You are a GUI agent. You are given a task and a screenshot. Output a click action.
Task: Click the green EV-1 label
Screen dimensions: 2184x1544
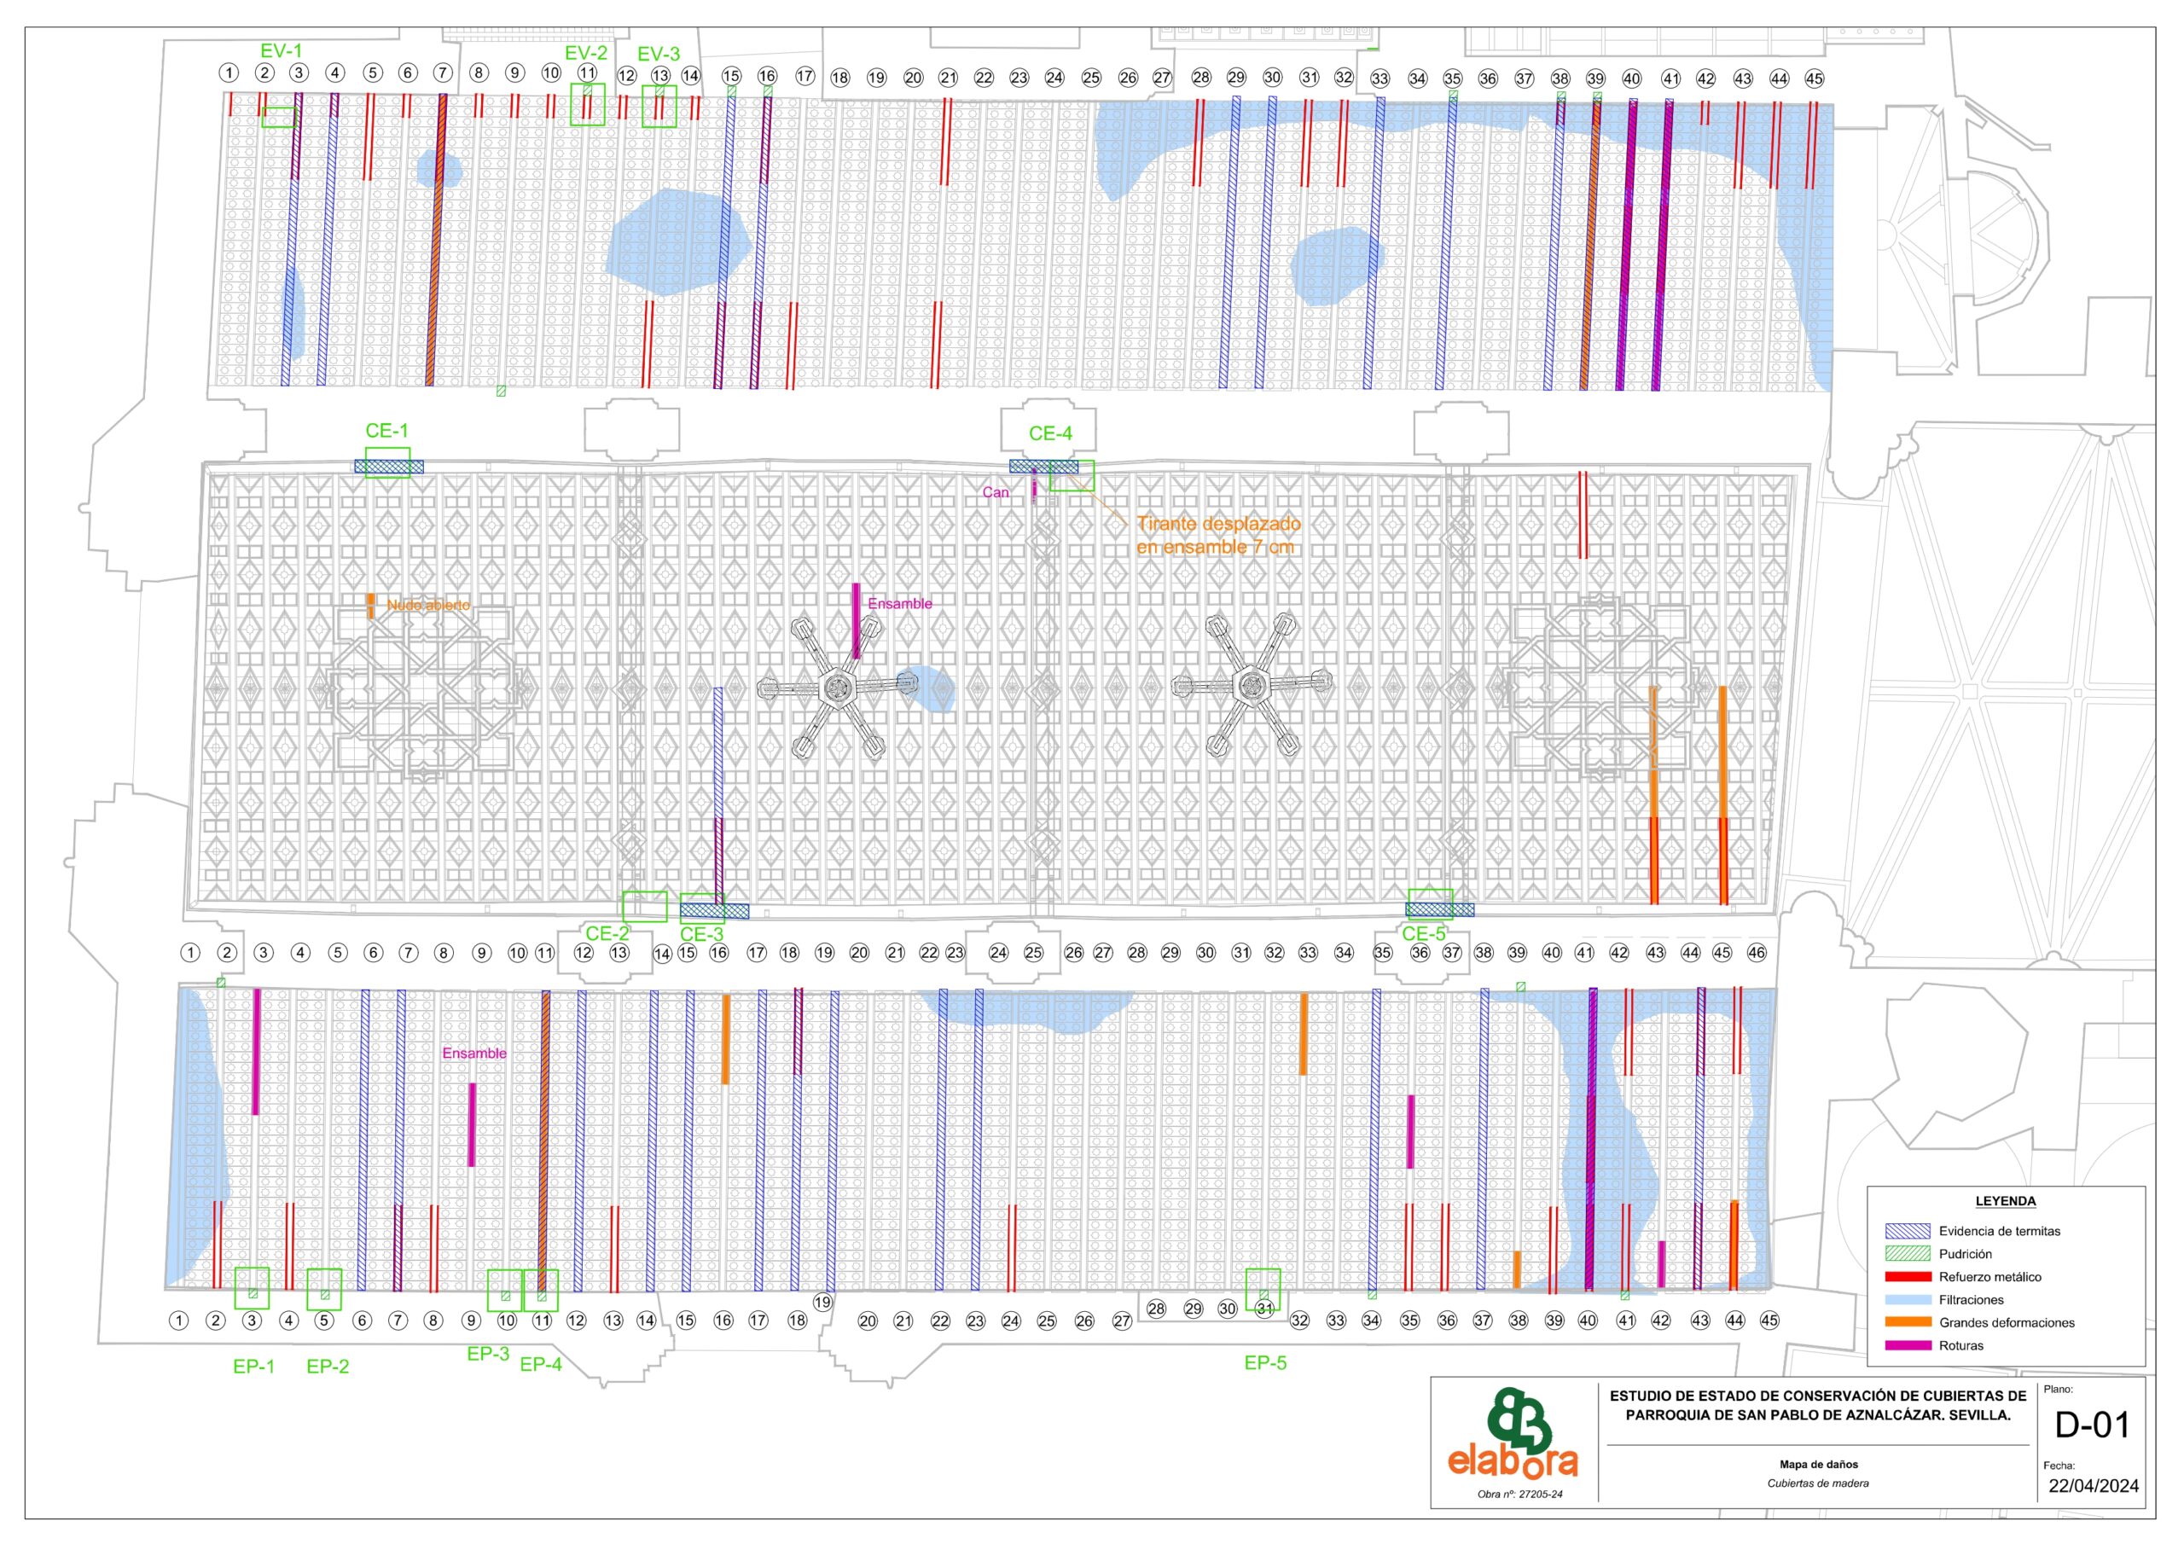(x=282, y=50)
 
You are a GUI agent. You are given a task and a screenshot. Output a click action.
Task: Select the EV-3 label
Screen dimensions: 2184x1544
(x=659, y=55)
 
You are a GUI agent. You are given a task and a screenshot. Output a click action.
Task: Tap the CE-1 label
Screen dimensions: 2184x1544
(x=386, y=431)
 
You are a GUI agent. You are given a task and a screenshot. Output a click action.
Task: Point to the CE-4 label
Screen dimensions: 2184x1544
(x=1050, y=434)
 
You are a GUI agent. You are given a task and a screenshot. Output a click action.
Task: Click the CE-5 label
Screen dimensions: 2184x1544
(x=1423, y=934)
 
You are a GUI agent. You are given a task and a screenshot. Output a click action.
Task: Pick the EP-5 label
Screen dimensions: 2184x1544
(x=1265, y=1363)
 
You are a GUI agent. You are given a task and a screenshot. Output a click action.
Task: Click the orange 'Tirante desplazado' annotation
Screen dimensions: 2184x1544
(x=1218, y=524)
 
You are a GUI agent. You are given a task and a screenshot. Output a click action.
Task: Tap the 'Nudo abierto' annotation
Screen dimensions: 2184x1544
(x=428, y=605)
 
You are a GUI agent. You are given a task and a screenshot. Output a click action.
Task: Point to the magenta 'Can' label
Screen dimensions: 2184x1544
(x=995, y=492)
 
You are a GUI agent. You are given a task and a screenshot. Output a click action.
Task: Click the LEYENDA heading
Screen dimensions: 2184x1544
(x=2005, y=1202)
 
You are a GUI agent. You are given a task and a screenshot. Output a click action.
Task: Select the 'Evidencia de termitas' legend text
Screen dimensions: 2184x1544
(x=2000, y=1231)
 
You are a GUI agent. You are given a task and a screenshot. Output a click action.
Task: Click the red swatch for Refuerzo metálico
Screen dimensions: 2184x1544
(x=1908, y=1277)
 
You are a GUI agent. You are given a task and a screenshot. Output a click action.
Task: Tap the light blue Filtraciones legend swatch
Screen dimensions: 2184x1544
(x=1908, y=1299)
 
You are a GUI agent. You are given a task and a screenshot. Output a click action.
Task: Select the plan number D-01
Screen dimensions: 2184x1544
(x=2092, y=1424)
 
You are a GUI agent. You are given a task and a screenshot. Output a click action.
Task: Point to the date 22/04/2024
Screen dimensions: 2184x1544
(x=2094, y=1485)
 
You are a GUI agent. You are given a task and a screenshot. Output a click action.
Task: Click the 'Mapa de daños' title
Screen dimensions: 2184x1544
(x=1818, y=1464)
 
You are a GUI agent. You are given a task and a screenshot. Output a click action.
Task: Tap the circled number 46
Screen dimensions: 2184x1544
(x=1756, y=952)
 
